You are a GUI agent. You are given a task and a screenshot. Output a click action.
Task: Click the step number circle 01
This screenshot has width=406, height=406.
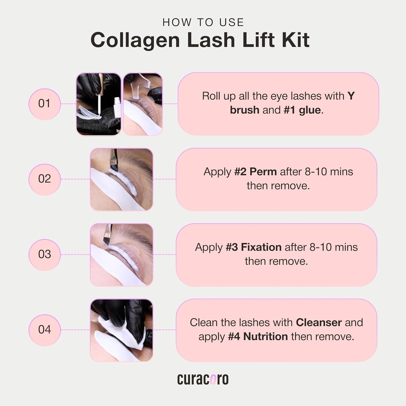pos(44,104)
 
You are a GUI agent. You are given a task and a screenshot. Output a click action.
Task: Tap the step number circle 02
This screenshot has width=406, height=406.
pos(44,179)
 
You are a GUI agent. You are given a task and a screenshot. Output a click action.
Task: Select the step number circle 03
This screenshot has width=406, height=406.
pos(44,254)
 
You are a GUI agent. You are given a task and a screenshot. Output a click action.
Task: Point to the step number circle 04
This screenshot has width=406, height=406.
pos(44,330)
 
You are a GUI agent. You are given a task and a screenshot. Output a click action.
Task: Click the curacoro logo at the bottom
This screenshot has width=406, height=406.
pos(203,379)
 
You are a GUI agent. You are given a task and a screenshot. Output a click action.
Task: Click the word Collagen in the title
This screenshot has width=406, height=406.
pos(135,40)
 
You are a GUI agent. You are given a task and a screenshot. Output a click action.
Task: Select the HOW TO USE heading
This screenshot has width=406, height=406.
pos(203,22)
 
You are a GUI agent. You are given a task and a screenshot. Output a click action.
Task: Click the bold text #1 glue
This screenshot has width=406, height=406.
pos(302,110)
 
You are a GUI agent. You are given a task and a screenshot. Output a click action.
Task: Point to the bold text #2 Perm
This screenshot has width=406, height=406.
pos(255,172)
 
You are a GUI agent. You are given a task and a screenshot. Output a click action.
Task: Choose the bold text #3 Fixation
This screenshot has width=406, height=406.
pos(253,247)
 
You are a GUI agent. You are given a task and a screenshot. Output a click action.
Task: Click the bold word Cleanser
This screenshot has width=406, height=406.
pos(319,323)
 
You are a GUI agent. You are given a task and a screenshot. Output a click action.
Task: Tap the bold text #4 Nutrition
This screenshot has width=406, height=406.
pos(258,337)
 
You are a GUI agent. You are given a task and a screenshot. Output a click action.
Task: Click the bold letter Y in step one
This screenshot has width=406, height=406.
pos(351,96)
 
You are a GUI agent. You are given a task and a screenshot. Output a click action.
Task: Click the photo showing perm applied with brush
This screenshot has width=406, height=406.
pos(121,180)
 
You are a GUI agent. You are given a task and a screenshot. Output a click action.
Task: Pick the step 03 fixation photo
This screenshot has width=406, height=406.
pos(121,255)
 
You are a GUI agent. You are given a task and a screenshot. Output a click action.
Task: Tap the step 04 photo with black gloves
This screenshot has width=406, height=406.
pos(121,330)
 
